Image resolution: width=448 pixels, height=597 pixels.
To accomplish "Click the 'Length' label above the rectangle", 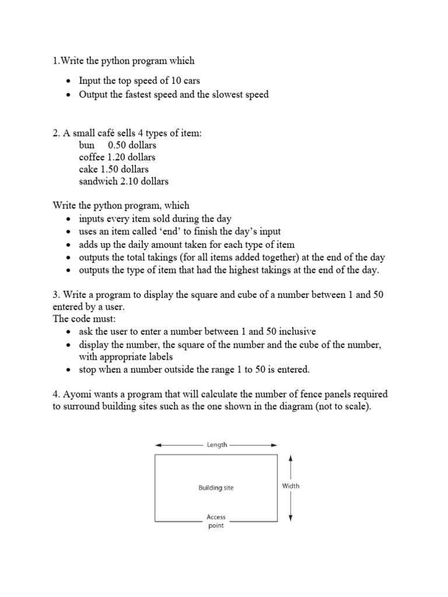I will (x=216, y=444).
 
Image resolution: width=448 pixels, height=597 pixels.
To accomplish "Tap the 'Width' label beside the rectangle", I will (x=290, y=486).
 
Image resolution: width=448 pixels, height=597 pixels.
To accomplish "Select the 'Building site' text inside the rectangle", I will (x=216, y=487).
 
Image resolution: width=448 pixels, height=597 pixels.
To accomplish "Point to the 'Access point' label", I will (x=216, y=521).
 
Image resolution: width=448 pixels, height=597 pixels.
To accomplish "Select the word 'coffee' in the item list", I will (x=92, y=157).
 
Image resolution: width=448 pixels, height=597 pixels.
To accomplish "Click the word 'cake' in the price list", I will (x=89, y=169).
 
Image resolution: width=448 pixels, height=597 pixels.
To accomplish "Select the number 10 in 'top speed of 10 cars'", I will (x=174, y=81).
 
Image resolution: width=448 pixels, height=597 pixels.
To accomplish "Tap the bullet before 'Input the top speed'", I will (x=69, y=82).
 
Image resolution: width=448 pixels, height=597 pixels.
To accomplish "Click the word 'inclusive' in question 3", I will (x=296, y=331).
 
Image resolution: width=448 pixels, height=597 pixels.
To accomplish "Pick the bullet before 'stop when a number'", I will (x=69, y=370).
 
